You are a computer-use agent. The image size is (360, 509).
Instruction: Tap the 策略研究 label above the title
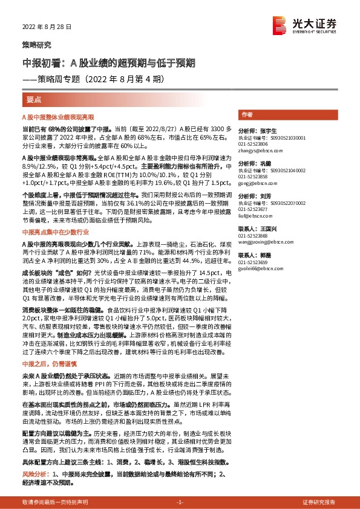pyautogui.click(x=33, y=44)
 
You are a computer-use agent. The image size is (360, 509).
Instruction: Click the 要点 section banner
pyautogui.click(x=34, y=99)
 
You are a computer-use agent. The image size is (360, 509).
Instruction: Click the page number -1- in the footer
pyautogui.click(x=179, y=502)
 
